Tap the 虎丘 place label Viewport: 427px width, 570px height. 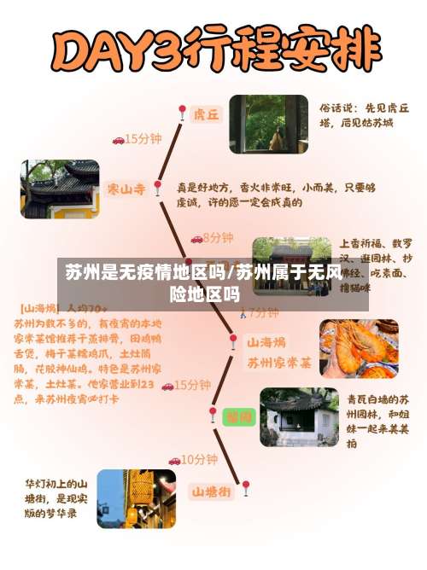coord(206,113)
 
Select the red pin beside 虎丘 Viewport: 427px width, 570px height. coord(182,113)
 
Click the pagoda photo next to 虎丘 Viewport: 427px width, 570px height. coord(267,124)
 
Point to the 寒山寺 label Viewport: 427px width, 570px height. coord(125,188)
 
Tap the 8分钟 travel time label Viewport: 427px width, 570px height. coord(218,237)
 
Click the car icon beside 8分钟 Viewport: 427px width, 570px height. coord(196,238)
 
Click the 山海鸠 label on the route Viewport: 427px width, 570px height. coord(266,342)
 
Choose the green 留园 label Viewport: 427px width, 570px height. coord(237,417)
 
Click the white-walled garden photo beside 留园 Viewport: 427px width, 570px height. coord(298,417)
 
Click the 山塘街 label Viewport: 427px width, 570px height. coord(210,491)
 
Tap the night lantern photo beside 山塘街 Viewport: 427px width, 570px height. coord(137,497)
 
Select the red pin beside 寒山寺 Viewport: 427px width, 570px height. coord(157,189)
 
